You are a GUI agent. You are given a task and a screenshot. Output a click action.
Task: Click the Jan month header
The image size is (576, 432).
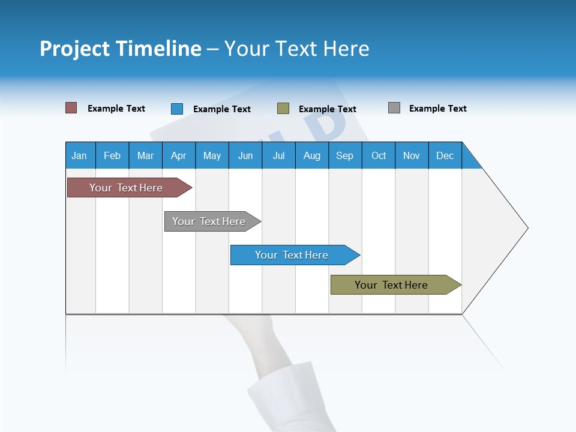tap(80, 155)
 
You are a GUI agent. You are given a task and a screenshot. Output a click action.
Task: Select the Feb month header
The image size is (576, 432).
tap(112, 155)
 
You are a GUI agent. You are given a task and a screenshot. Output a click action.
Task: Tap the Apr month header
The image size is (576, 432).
tap(179, 155)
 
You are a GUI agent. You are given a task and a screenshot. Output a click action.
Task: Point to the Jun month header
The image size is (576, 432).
tap(245, 155)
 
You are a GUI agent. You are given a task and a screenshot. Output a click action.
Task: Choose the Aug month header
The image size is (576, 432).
tap(312, 155)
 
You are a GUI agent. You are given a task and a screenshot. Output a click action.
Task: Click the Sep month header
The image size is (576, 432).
tap(345, 155)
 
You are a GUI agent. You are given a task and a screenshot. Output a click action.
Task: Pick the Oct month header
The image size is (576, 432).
tap(379, 155)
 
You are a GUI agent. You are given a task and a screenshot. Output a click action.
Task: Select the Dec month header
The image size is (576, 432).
tap(445, 155)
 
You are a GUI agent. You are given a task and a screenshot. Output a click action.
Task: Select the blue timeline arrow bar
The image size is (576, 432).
tap(293, 255)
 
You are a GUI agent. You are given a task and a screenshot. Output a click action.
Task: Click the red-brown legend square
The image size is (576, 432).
tap(71, 108)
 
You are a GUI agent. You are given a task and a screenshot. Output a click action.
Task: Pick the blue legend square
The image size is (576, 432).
tap(177, 109)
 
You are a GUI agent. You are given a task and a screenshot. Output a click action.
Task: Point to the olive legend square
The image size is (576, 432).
tap(283, 109)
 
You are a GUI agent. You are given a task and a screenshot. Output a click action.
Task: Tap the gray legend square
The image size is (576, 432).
tap(394, 108)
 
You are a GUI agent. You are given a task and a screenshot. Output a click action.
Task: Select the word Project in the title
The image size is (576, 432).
tap(74, 49)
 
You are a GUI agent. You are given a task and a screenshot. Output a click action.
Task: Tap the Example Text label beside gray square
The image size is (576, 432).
tap(438, 109)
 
